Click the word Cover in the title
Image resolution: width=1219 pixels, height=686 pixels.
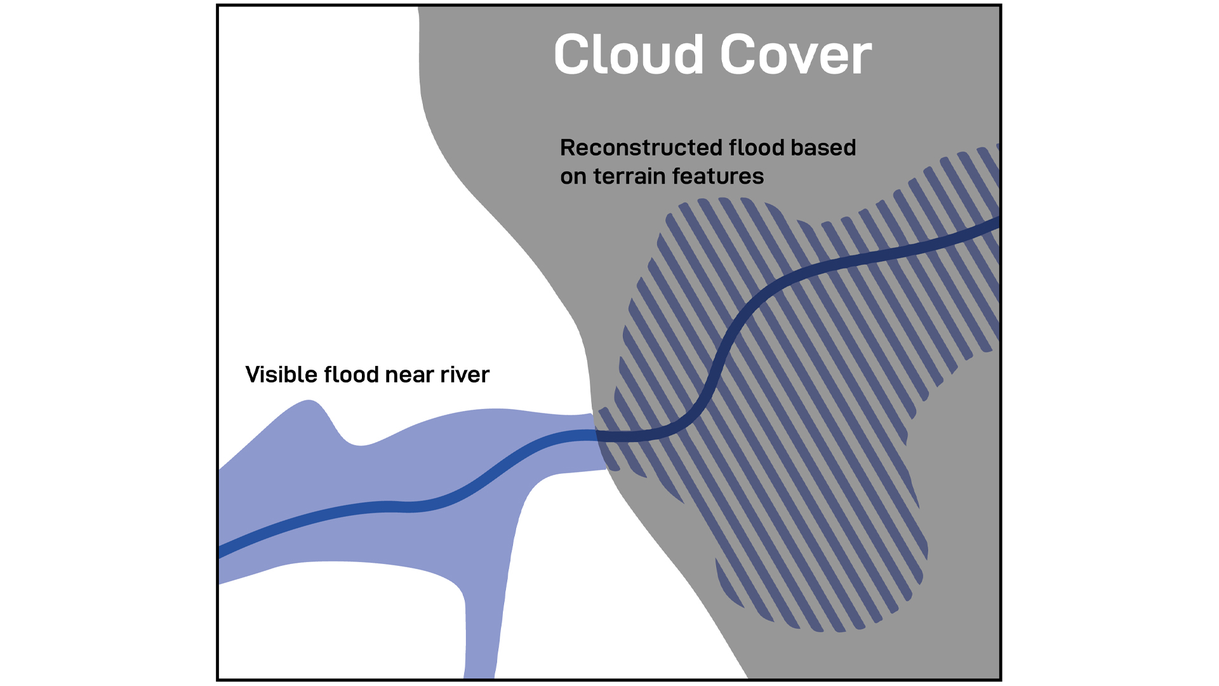click(796, 55)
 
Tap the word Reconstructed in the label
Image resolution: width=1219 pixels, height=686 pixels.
click(641, 148)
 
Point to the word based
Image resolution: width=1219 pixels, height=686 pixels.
click(823, 148)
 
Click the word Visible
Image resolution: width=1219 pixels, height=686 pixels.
click(281, 375)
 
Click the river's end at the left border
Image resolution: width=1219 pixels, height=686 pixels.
click(222, 551)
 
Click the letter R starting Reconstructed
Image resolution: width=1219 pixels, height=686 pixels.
click(568, 148)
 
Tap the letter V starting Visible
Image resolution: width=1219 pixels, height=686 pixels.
click(253, 375)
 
